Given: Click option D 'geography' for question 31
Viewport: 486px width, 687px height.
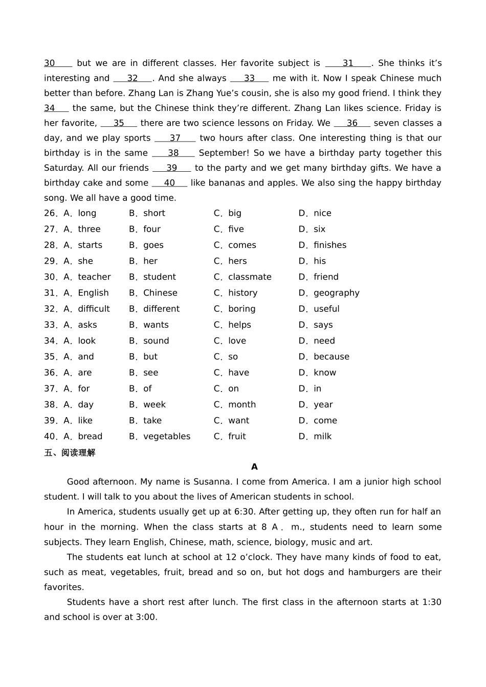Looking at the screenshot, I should [x=336, y=293].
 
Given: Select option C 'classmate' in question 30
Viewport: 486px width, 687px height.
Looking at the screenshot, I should [x=250, y=277].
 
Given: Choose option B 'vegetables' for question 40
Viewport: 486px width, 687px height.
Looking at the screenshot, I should [x=167, y=437].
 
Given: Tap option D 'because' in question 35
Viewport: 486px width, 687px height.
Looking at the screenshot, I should [x=331, y=357].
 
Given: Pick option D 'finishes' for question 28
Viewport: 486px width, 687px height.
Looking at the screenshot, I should [x=329, y=245].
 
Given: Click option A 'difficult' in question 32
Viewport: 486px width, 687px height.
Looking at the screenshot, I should [x=94, y=309].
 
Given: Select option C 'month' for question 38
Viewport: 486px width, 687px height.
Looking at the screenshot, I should [x=242, y=405].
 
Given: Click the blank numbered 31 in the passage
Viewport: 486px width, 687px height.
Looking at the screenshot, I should [x=348, y=63].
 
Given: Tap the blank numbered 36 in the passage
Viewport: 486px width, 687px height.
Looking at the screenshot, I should [x=352, y=123].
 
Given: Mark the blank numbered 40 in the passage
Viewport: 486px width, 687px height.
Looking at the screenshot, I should [x=169, y=183].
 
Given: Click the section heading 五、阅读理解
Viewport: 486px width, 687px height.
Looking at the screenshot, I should [x=70, y=453].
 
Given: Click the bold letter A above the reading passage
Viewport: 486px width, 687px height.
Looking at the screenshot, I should [x=254, y=467].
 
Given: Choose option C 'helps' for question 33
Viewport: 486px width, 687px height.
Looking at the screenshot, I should [x=239, y=325].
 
